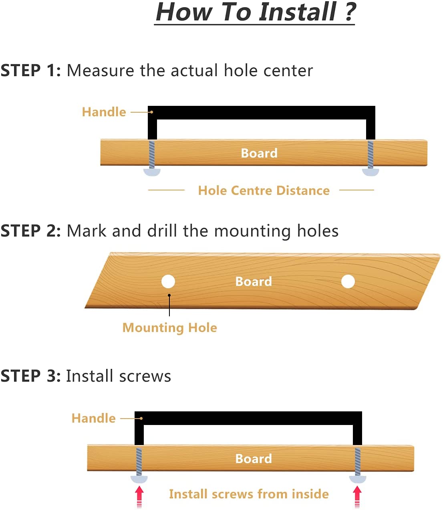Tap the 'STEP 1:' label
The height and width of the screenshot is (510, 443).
(x=30, y=70)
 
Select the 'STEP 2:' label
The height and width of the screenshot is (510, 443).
(x=30, y=231)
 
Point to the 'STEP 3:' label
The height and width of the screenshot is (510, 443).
(x=30, y=376)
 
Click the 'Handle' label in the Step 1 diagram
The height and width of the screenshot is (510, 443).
(x=104, y=112)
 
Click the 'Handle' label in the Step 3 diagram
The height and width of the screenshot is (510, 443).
(x=93, y=418)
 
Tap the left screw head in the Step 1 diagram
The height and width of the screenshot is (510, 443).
(x=152, y=172)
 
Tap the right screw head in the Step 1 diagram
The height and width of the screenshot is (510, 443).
(x=370, y=172)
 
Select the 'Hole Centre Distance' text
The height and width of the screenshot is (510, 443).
(x=264, y=190)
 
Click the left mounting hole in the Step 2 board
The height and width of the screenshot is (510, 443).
(x=168, y=281)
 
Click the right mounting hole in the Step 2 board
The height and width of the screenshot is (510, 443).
(x=348, y=281)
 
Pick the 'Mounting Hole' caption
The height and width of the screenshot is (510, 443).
(x=169, y=328)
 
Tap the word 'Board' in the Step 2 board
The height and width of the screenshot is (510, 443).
(x=254, y=281)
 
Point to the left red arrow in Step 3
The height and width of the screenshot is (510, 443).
(x=139, y=497)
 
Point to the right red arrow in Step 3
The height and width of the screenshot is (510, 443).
(x=357, y=497)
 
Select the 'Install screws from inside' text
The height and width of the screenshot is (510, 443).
(x=249, y=494)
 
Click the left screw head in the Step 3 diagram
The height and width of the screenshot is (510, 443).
(x=139, y=479)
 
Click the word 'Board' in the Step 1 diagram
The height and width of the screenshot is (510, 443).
(x=259, y=153)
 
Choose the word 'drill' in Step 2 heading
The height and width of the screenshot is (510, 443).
(x=162, y=231)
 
